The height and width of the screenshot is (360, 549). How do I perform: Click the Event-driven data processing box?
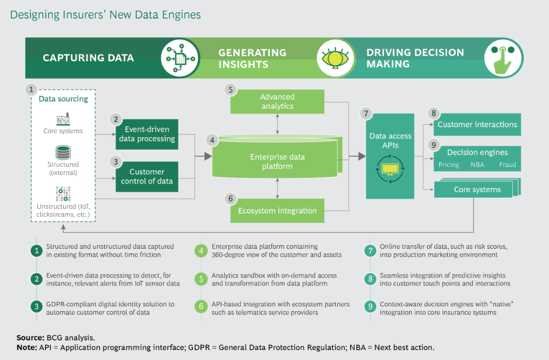(146, 134)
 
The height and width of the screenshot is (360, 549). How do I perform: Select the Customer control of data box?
(146, 176)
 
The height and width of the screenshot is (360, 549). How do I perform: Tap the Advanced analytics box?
(277, 101)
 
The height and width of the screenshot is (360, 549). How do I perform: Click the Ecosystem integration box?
(277, 211)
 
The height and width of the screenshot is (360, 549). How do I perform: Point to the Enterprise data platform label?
(277, 161)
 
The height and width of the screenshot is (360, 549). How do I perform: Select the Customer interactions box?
(477, 124)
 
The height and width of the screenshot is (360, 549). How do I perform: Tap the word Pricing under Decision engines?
(448, 165)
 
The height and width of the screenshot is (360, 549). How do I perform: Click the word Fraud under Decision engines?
(507, 165)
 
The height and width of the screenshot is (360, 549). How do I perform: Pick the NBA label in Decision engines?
(477, 165)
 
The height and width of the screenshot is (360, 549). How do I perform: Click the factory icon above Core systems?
(63, 119)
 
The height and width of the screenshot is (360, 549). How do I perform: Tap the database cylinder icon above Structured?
(63, 152)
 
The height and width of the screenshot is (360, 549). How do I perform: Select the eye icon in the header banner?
(336, 58)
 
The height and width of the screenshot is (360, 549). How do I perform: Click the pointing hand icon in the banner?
(503, 58)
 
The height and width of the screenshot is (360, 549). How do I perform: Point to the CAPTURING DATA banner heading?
(88, 58)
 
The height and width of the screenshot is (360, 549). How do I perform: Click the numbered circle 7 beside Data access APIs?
(367, 114)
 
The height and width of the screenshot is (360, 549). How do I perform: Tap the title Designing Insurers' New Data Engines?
(106, 14)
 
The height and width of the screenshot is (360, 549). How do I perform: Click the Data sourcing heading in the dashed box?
(63, 99)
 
